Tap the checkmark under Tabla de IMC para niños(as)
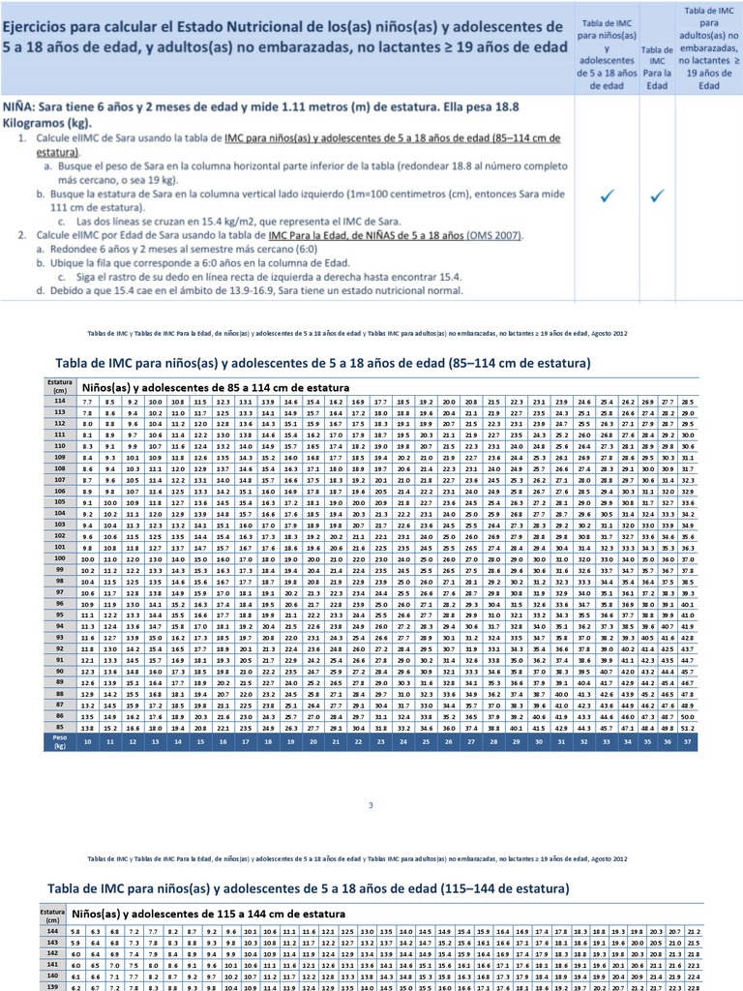(607, 196)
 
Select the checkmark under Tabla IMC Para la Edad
(658, 196)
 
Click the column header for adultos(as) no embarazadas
(710, 47)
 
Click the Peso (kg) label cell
(59, 742)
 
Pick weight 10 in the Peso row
(87, 742)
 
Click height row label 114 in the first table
(59, 401)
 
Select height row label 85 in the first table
(59, 725)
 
